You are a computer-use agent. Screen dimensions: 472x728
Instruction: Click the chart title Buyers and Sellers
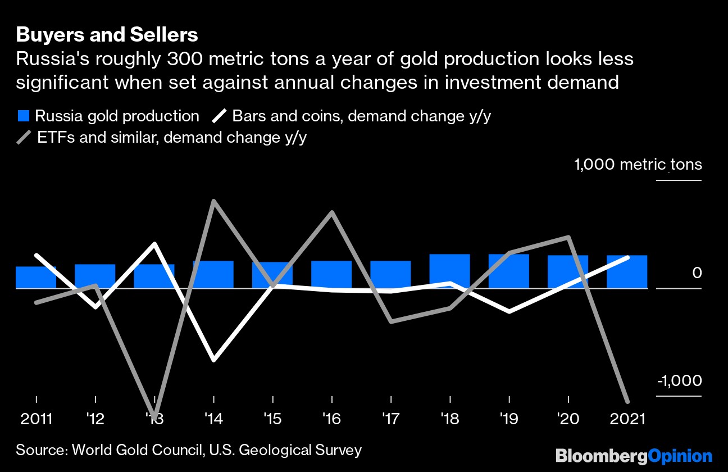pyautogui.click(x=107, y=35)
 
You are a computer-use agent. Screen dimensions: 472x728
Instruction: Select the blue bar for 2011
pyautogui.click(x=36, y=278)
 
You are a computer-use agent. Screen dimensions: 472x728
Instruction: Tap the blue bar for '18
pyautogui.click(x=450, y=271)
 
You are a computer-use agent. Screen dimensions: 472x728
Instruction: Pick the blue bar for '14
pyautogui.click(x=213, y=274)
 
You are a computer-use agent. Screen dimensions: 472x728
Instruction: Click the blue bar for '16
pyautogui.click(x=331, y=274)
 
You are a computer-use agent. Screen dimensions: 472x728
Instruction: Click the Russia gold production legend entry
pyautogui.click(x=108, y=116)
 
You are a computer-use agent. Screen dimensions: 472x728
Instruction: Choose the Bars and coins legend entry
pyautogui.click(x=356, y=116)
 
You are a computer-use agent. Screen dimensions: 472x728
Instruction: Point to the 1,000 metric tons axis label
pyautogui.click(x=638, y=165)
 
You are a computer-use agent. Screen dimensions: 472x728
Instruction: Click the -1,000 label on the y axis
pyautogui.click(x=679, y=381)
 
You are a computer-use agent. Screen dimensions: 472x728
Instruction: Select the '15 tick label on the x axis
pyautogui.click(x=273, y=419)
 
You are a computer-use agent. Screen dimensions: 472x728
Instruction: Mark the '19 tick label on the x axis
pyautogui.click(x=509, y=419)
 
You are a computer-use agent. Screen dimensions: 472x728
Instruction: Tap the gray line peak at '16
pyautogui.click(x=332, y=212)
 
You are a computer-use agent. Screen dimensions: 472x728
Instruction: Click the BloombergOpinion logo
pyautogui.click(x=634, y=456)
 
